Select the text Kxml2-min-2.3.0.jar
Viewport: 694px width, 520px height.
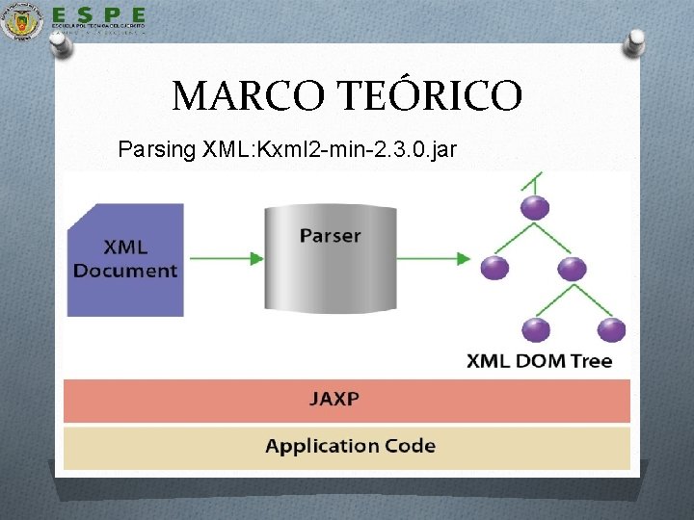coord(362,150)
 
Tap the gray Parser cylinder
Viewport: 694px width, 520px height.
coord(330,258)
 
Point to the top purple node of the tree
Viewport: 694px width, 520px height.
coord(534,206)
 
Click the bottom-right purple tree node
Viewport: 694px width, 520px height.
coord(610,329)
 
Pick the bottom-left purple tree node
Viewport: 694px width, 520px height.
coord(534,329)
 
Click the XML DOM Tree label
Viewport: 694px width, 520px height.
coord(540,362)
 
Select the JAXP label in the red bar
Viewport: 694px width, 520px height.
coord(334,398)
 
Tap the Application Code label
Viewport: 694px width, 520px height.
coord(350,446)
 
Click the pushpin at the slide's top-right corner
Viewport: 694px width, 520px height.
coord(635,41)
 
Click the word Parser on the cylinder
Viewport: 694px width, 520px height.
coord(330,235)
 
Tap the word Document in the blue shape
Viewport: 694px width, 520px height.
coord(125,270)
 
